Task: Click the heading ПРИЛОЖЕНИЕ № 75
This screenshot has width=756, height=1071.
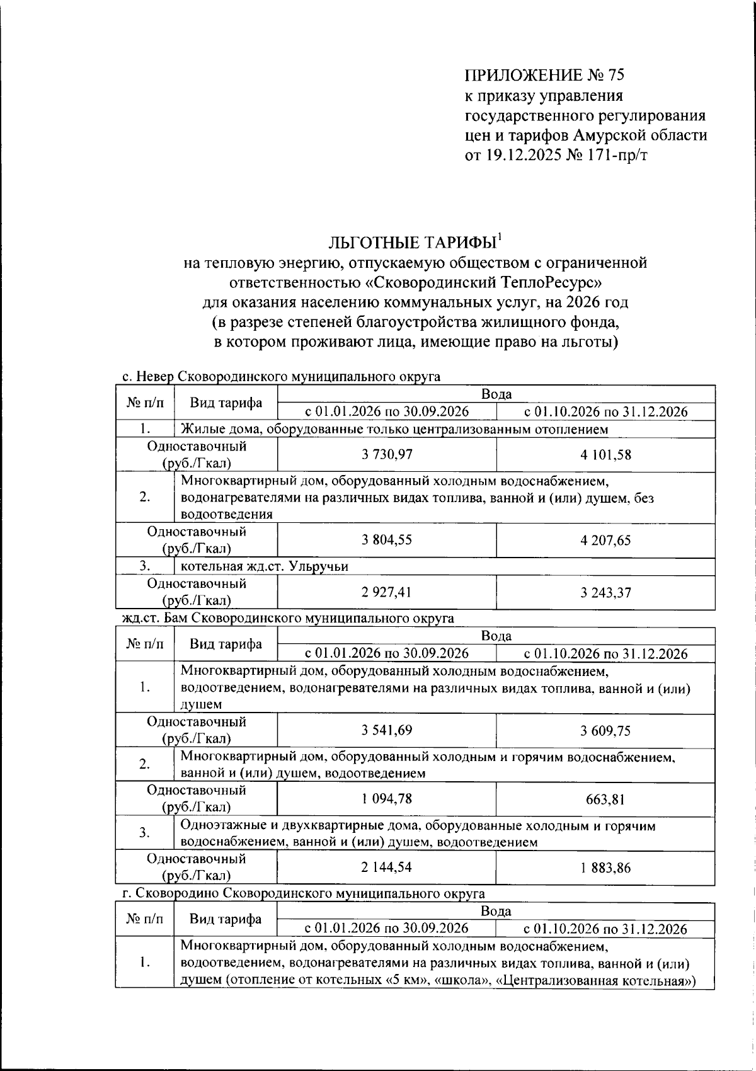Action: (x=544, y=76)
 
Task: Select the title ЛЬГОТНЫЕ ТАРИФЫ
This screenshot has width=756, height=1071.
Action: (x=411, y=243)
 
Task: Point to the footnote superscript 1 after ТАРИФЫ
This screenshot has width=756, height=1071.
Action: (x=500, y=237)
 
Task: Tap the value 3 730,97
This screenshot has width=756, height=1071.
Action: (x=387, y=454)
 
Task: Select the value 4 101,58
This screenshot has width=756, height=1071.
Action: (x=605, y=454)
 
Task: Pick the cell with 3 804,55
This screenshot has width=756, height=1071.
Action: (x=387, y=540)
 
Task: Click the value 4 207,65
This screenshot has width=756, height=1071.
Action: (x=605, y=540)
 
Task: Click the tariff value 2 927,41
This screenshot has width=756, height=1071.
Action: (x=387, y=592)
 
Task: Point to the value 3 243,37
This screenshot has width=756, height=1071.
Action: (x=605, y=592)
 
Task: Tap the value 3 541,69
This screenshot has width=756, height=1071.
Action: (x=387, y=730)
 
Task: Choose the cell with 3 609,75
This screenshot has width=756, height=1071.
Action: (x=605, y=730)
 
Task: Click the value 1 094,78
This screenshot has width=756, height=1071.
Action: (x=387, y=799)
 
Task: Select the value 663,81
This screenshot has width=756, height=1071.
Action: (x=605, y=799)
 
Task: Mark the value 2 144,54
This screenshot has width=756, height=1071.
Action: (x=387, y=868)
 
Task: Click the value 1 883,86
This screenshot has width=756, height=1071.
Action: (x=605, y=868)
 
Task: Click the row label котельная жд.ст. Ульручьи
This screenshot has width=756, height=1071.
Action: (x=265, y=566)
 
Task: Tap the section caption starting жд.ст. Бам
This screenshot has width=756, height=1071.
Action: (x=288, y=619)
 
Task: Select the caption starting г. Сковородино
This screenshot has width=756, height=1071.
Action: (x=303, y=894)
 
